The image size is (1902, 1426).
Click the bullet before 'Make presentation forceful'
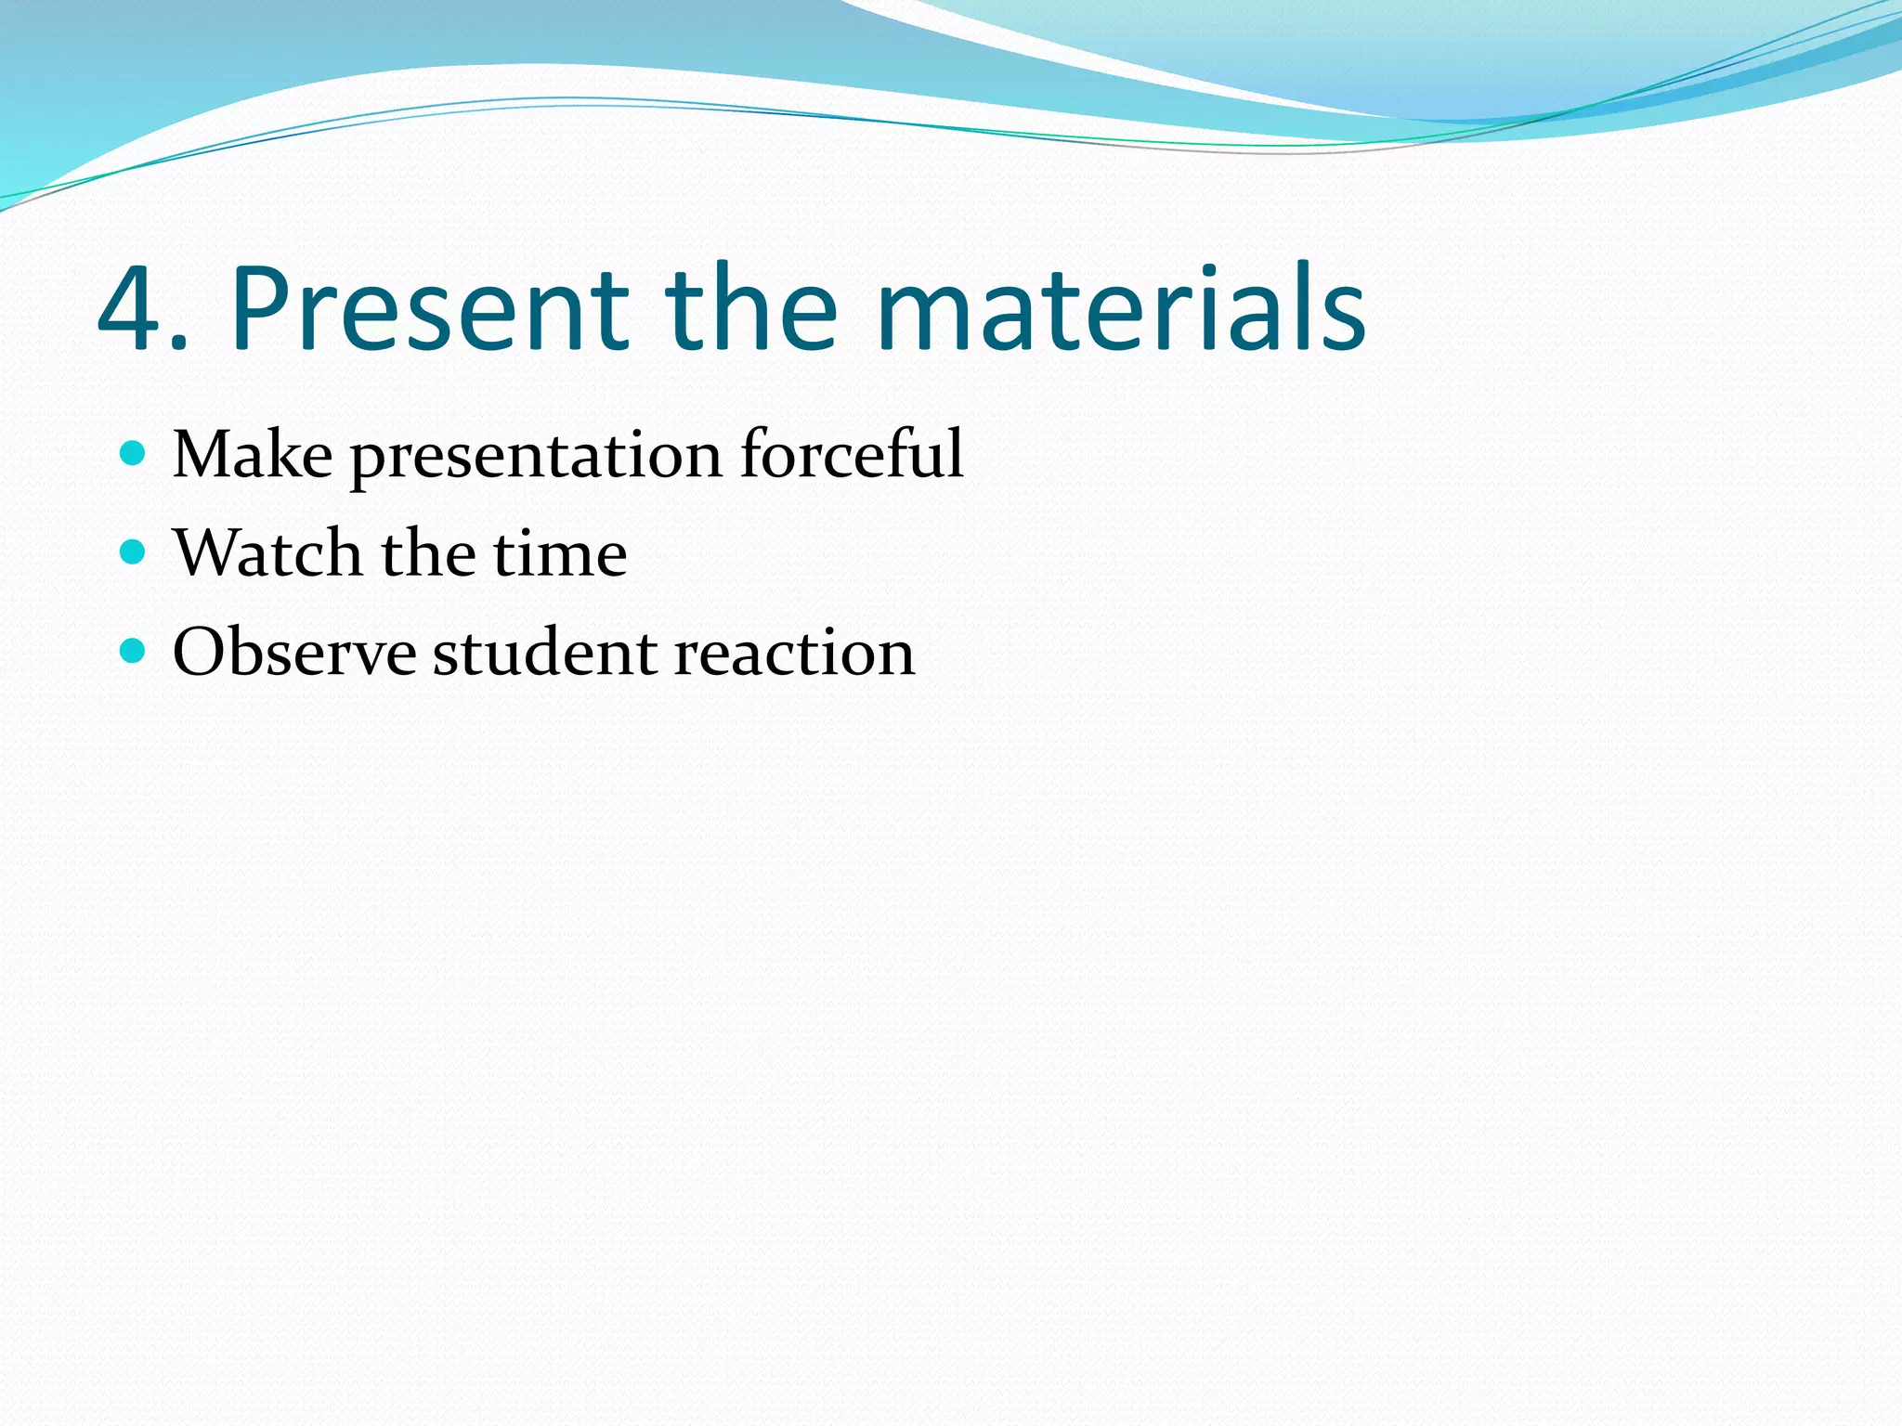coord(134,453)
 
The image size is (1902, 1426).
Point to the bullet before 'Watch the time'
coord(134,552)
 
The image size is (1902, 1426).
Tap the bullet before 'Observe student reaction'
coord(134,651)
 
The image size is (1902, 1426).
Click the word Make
coord(253,455)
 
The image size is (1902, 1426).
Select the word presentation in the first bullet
coord(536,458)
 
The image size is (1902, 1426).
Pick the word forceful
coord(852,455)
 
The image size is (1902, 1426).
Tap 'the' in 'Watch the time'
coord(427,553)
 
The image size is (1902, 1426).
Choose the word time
coord(559,553)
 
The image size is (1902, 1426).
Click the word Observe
coord(294,653)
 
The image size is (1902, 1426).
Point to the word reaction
coord(794,653)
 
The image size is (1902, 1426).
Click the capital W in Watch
coord(208,553)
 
